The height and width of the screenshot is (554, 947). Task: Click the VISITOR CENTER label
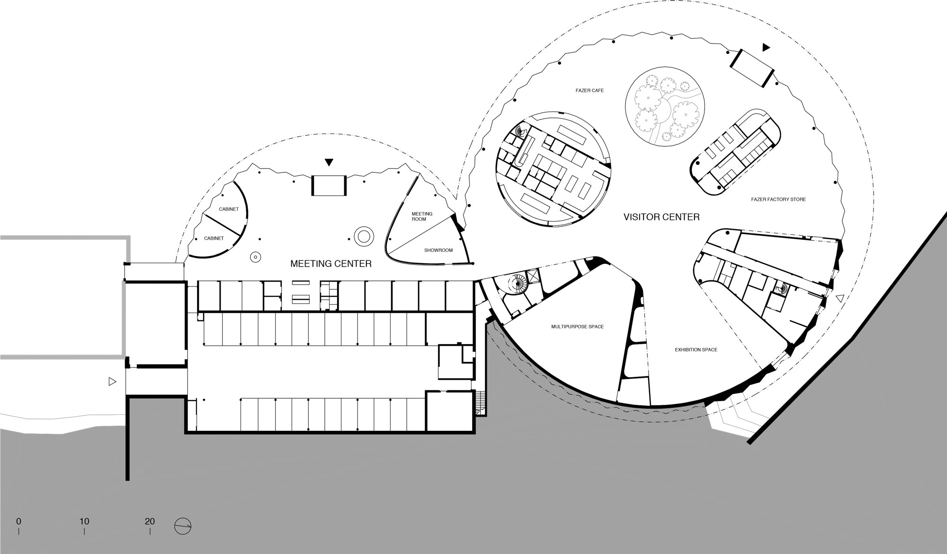[661, 217]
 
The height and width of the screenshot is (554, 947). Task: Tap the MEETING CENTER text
[331, 264]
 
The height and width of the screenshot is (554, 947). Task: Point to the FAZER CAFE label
[590, 90]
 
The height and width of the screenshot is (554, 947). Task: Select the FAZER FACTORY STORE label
[778, 199]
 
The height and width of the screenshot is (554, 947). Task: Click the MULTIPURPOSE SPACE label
[577, 327]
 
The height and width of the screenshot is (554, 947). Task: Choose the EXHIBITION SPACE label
[696, 350]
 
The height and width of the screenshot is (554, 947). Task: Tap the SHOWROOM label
[438, 250]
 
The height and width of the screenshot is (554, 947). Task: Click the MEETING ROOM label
[422, 216]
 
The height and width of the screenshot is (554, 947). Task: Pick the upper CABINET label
[229, 209]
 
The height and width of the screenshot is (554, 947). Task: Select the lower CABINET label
[214, 238]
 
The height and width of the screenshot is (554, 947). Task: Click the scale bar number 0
[18, 521]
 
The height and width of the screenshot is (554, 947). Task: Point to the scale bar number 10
[84, 521]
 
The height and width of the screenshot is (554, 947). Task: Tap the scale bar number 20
[150, 521]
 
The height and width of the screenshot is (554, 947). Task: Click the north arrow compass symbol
[183, 526]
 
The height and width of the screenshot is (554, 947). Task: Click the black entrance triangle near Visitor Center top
[766, 47]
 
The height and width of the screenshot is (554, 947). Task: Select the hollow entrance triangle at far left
[112, 381]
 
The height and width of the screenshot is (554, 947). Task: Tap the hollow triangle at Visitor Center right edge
[840, 298]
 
